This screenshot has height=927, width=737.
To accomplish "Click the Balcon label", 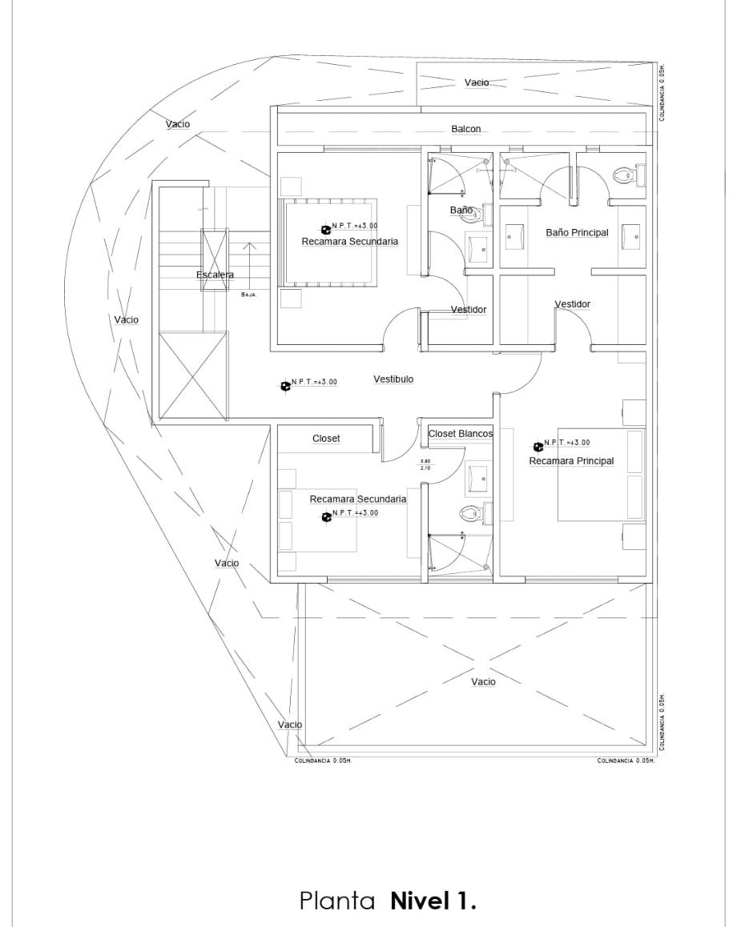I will click(x=465, y=129).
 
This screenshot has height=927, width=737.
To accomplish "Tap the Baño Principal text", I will click(x=577, y=233).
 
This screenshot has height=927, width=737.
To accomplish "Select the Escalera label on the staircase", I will click(x=215, y=275).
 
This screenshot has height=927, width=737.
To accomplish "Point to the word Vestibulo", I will click(x=393, y=379).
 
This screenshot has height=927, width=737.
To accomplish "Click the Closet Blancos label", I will click(x=460, y=433).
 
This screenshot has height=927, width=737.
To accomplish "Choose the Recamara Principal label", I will click(x=571, y=461).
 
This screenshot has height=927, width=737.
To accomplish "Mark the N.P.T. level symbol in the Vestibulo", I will click(x=286, y=386).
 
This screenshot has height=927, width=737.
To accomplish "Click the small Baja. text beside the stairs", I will click(x=248, y=295).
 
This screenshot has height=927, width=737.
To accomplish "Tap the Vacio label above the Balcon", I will click(x=477, y=82).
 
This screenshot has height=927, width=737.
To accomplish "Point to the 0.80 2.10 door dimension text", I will click(x=425, y=464).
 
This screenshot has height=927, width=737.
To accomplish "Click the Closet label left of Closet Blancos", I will click(x=326, y=439).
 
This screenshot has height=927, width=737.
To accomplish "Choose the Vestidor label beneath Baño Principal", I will click(x=572, y=304).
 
